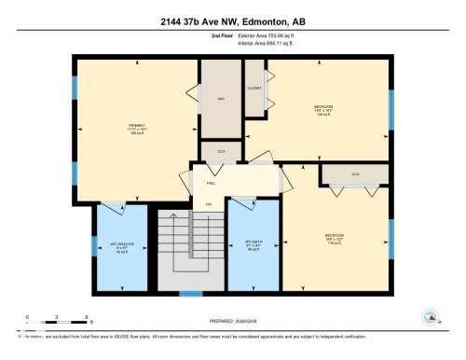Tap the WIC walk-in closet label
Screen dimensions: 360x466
[222, 97]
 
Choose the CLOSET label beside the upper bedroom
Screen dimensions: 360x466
[254, 87]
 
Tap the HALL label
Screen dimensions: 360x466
[211, 183]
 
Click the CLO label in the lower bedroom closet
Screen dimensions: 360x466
[355, 174]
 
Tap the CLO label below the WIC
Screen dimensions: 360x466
[222, 151]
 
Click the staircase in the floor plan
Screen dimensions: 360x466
[191, 247]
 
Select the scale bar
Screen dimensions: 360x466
[57, 323]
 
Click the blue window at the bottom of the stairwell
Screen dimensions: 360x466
[191, 293]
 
